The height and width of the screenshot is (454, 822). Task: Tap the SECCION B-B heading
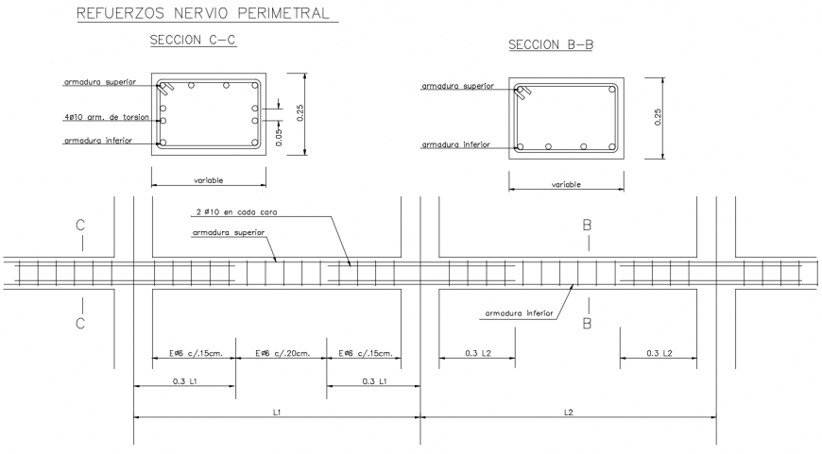pyautogui.click(x=550, y=44)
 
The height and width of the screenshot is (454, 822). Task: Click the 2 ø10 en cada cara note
pyautogui.click(x=230, y=215)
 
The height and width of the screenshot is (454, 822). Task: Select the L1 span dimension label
pyautogui.click(x=278, y=412)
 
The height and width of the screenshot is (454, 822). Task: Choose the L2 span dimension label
pyautogui.click(x=569, y=412)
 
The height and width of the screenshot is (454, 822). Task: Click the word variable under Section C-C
pyautogui.click(x=208, y=179)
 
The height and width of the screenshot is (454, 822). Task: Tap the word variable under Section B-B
pyautogui.click(x=565, y=185)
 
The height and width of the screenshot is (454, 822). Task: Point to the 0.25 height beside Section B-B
pyautogui.click(x=659, y=117)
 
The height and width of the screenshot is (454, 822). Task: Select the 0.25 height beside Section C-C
pyautogui.click(x=301, y=112)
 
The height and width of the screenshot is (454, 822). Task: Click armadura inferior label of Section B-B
pyautogui.click(x=455, y=145)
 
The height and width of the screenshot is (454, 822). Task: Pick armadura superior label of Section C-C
pyautogui.click(x=99, y=82)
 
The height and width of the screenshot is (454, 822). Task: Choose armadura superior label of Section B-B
pyautogui.click(x=457, y=87)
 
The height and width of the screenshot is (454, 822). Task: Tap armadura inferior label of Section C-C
pyautogui.click(x=98, y=141)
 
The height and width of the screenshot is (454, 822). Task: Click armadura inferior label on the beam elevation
pyautogui.click(x=519, y=312)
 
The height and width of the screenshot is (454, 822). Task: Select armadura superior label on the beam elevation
pyautogui.click(x=228, y=232)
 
